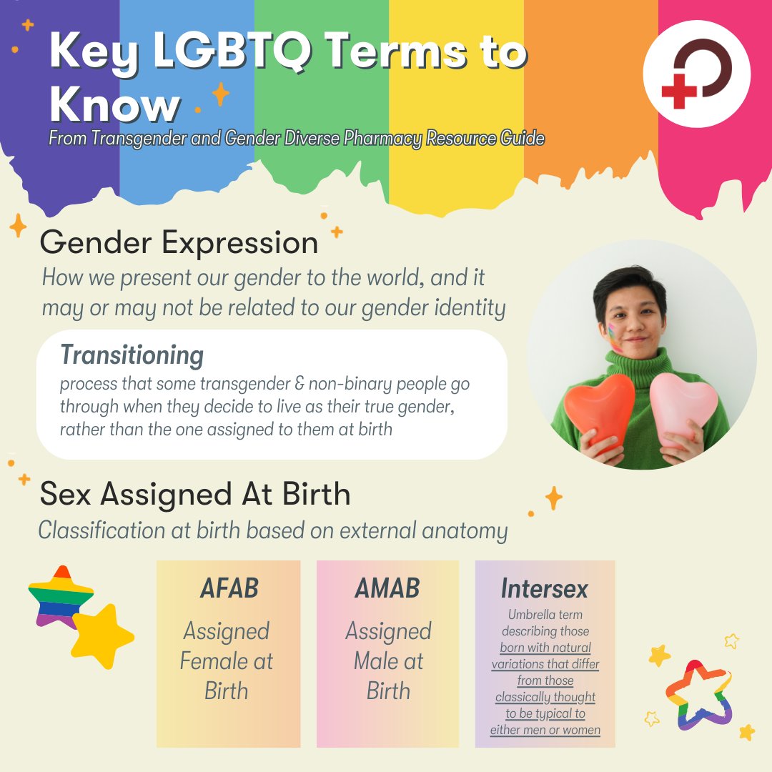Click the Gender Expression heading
(x=179, y=243)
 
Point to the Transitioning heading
(x=132, y=355)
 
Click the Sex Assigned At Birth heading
(x=195, y=494)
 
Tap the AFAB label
(x=229, y=588)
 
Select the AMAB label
(x=387, y=588)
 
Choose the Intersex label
(x=545, y=588)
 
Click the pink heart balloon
(x=683, y=408)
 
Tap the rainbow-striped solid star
(x=60, y=596)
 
